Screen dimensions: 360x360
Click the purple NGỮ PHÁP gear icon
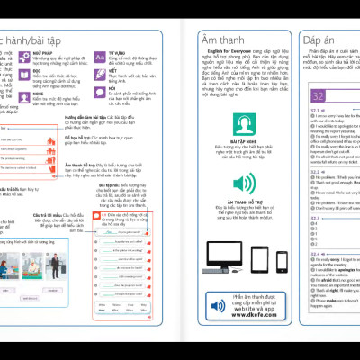(x=22, y=56)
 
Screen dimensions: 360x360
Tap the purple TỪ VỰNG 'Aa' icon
(x=101, y=56)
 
